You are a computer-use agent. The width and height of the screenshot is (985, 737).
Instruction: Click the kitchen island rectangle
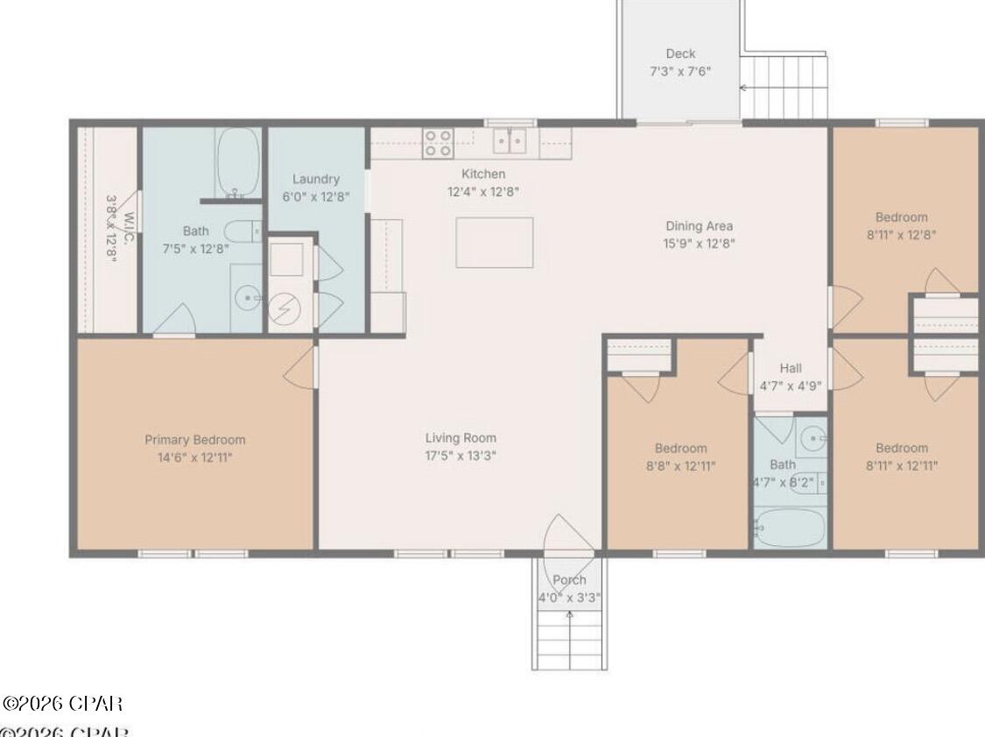[494, 243]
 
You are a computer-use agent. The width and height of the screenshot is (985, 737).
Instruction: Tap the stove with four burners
[438, 143]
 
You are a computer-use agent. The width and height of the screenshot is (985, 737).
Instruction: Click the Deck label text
[680, 53]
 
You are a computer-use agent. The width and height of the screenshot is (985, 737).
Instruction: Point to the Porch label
[569, 580]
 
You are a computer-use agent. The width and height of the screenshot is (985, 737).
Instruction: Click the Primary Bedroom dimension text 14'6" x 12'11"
[194, 457]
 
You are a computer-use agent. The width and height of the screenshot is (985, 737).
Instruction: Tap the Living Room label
[461, 438]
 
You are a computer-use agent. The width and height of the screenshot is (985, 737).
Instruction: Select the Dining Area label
[698, 226]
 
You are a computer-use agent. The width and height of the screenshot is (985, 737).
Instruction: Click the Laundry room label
[315, 179]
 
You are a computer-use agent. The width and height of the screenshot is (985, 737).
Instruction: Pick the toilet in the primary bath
[243, 231]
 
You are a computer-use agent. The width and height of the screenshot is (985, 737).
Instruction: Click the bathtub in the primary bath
[237, 162]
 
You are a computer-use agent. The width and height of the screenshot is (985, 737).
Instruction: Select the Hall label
[790, 368]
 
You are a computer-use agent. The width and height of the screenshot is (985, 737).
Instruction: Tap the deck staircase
[784, 87]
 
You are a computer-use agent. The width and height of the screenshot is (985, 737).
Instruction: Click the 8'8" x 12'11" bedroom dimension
[680, 466]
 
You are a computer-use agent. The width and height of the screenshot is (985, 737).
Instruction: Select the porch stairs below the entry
[569, 641]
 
